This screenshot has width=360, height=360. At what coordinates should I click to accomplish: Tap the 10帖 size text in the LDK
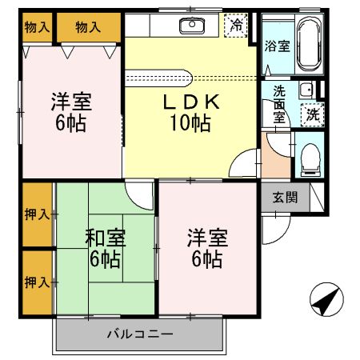[190, 123]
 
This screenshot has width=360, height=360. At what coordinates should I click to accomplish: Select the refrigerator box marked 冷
[237, 26]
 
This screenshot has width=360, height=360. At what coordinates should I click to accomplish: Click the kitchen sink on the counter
[192, 26]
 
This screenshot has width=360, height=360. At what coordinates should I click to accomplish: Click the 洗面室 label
[278, 104]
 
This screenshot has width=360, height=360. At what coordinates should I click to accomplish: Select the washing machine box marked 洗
[314, 114]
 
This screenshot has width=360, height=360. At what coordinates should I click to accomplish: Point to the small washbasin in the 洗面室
[306, 89]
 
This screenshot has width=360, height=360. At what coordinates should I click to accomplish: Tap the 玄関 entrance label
[285, 196]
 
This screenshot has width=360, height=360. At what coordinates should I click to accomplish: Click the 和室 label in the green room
[105, 238]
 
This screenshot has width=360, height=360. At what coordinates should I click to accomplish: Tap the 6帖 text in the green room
[105, 258]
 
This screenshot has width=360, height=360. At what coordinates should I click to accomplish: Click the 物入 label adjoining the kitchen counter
[87, 27]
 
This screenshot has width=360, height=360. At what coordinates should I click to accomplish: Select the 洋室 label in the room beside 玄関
[207, 238]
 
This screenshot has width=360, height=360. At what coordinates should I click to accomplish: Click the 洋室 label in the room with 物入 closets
[71, 102]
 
